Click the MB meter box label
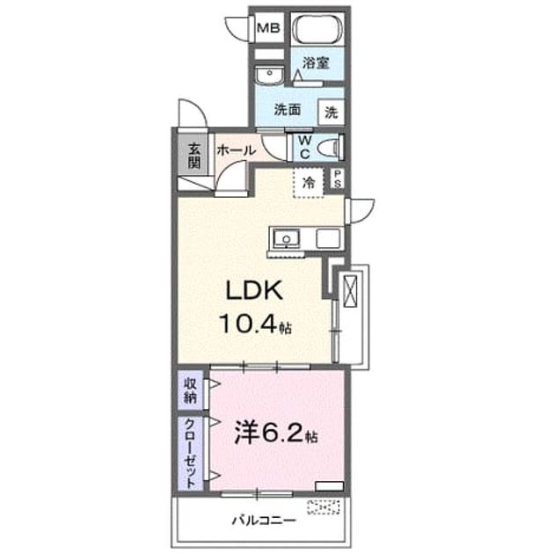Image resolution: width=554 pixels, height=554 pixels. click(x=268, y=27)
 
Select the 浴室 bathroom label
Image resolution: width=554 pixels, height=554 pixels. click(x=316, y=63)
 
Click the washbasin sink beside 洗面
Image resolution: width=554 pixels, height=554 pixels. click(x=269, y=76)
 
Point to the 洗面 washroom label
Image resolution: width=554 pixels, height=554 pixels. click(x=288, y=110)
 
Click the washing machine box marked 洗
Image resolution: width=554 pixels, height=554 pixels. click(x=331, y=113)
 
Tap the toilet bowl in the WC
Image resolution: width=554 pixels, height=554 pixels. click(x=330, y=148)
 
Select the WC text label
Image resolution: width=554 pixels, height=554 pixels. click(x=304, y=148)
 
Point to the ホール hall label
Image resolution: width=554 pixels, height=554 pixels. click(x=236, y=150)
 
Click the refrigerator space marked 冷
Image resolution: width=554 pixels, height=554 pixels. click(x=308, y=183)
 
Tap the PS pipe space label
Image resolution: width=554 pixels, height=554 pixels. click(x=338, y=179)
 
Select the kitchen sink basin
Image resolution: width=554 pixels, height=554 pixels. click(x=287, y=238)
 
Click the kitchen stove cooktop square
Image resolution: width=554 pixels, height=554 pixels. click(x=328, y=238)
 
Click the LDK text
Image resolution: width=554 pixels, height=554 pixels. click(x=253, y=290)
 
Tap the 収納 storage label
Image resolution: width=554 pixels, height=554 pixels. click(x=191, y=390)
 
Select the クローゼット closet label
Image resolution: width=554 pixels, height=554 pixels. click(x=191, y=453)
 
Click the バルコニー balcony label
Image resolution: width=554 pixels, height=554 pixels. click(x=263, y=521)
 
